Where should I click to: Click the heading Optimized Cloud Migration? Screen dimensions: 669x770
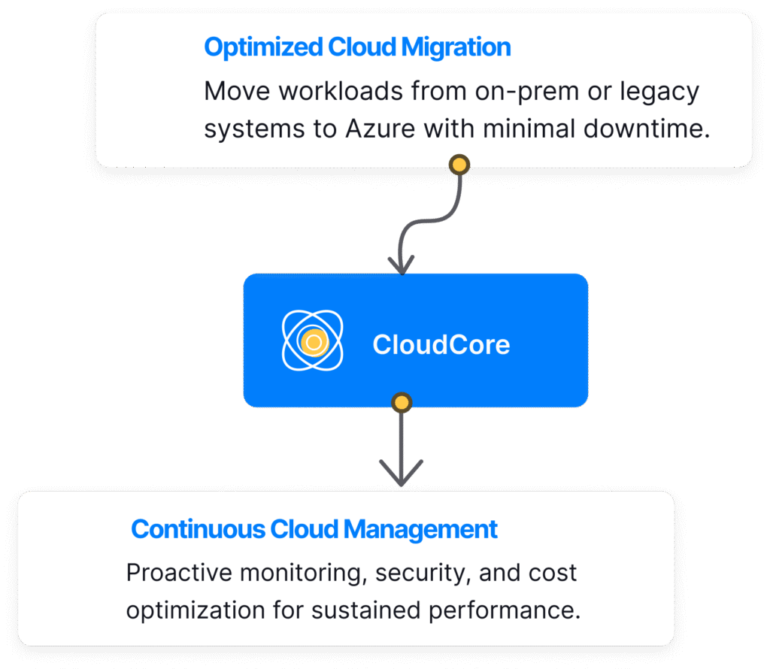357,47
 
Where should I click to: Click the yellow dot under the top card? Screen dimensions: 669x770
458,164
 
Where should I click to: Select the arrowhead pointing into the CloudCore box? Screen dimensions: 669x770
401,265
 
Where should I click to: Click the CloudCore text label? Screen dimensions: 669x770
441,345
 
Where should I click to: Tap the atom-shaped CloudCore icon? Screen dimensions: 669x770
312,343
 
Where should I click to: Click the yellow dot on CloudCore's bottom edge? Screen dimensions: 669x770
402,403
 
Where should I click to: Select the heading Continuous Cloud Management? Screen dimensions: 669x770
314,529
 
